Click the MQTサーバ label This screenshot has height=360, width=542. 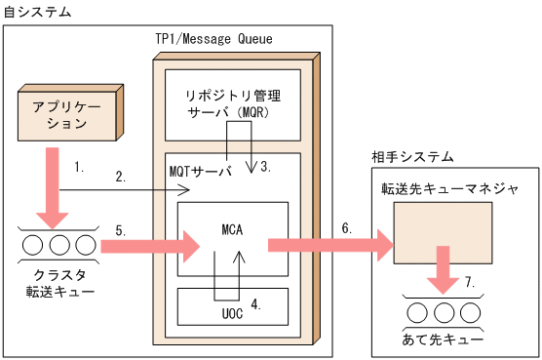pos(201,171)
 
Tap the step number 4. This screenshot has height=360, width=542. pos(255,303)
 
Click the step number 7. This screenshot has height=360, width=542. pos(470,282)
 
